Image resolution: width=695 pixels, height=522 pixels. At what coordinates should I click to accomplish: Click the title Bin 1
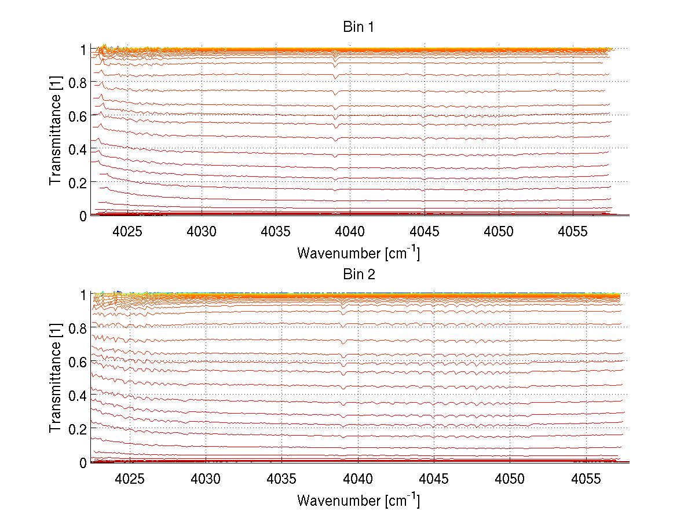coord(359,27)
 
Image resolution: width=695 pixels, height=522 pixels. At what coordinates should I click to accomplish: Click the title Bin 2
coord(359,274)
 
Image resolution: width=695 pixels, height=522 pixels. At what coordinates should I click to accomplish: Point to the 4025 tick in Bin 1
coord(127,232)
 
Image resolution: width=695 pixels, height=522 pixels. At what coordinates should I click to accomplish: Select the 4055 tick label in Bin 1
coord(573,232)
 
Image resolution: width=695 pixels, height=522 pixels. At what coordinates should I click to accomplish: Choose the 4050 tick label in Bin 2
coord(510,479)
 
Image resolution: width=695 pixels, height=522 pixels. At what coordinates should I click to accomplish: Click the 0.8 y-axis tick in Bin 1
coord(77,83)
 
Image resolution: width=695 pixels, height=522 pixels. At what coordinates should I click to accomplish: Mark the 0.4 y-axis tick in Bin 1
coord(77,149)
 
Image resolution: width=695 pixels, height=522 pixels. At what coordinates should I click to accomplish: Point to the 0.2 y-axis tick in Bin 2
coord(77,429)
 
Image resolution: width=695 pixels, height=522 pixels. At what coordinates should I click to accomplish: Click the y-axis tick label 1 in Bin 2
coord(83,295)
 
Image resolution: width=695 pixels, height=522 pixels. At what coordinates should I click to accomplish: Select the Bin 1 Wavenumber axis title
coord(359,253)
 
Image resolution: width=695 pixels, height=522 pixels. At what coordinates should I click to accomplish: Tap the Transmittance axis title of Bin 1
coord(55,139)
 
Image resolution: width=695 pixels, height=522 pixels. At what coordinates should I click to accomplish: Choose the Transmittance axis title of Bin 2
coord(55,386)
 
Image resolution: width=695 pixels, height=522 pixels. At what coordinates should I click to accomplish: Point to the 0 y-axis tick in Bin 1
coord(83,216)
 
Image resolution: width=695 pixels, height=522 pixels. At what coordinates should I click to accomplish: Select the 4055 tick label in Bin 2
coord(586,479)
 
